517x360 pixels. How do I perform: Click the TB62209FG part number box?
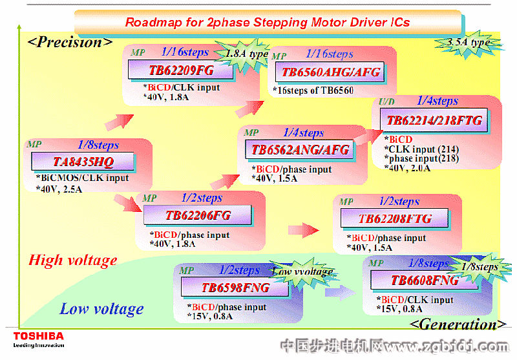click(172, 70)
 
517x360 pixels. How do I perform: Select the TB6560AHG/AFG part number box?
click(331, 72)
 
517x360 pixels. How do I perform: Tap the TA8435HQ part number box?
click(83, 161)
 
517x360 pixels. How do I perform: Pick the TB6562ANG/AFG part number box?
click(300, 150)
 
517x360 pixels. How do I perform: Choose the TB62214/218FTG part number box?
click(434, 120)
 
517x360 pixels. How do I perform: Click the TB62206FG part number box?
click(198, 215)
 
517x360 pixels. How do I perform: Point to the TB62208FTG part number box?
click(395, 218)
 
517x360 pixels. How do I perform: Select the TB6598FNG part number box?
click(235, 288)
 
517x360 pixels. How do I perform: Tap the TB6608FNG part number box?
click(425, 280)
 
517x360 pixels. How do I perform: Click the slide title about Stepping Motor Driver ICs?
click(268, 22)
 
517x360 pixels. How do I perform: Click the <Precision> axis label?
click(70, 43)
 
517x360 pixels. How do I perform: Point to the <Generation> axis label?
click(458, 324)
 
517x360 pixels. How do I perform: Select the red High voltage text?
click(73, 260)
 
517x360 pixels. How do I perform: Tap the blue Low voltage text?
click(101, 309)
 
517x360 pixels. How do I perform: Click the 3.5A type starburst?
click(468, 42)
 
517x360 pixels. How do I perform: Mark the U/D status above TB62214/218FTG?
click(386, 101)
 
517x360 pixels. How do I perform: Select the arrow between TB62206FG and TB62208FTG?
click(302, 229)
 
